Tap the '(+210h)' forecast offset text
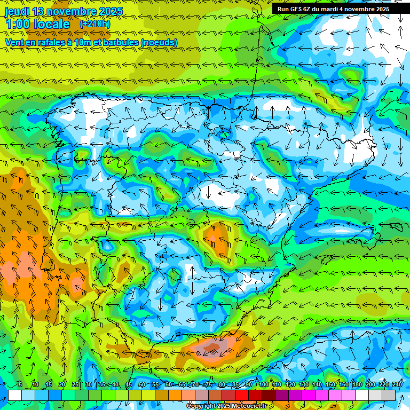[95, 24]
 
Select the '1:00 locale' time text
[37, 25]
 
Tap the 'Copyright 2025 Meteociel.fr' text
[226, 406]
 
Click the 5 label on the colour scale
[20, 384]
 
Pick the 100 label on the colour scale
[264, 384]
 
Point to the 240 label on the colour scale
[397, 384]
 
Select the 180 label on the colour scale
[357, 384]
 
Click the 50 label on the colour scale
[142, 384]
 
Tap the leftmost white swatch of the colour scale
[15, 395]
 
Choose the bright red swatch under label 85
[242, 395]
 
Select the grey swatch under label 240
[389, 395]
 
